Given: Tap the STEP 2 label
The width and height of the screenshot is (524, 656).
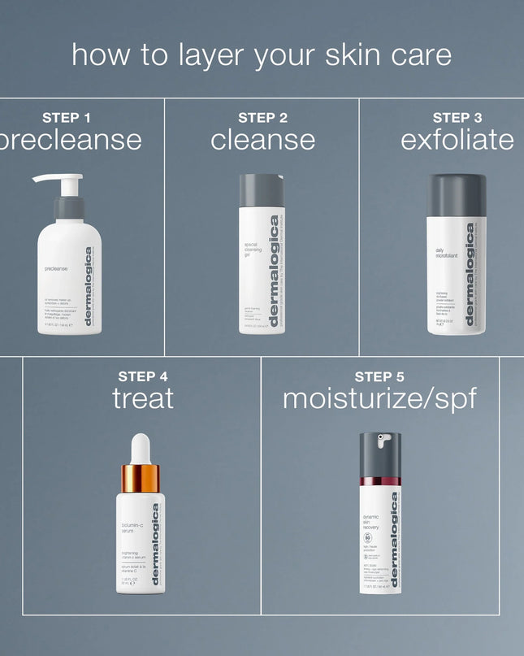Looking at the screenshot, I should pos(262,118).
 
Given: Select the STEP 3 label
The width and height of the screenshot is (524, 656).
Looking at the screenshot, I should pos(457,118).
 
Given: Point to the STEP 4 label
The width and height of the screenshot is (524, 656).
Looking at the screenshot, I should pos(142,376).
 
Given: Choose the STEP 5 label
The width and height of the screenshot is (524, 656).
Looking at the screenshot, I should pos(379,376).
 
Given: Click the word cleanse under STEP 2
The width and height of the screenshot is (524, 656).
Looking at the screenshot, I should pos(262,140).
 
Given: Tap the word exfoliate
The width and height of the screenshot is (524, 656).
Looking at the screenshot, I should pos(457,140).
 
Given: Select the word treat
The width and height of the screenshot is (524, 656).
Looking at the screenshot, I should pos(142,398).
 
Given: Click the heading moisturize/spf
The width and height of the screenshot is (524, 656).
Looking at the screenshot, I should pos(379,398).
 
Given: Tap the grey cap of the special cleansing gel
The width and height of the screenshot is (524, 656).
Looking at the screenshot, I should pos(262,190).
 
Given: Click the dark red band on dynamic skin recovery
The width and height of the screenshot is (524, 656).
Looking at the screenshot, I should pos(380,482).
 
